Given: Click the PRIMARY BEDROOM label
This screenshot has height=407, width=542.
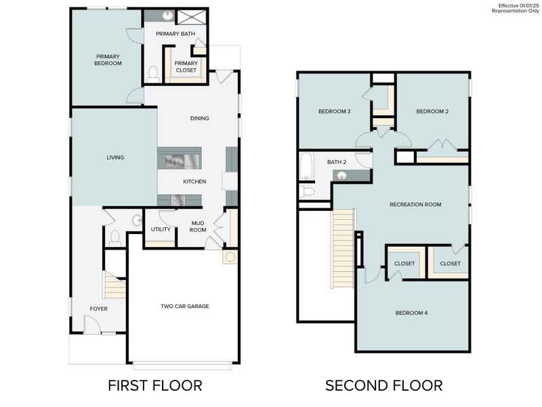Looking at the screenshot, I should coord(108,60).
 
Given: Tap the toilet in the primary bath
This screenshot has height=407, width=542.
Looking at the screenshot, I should coord(153,73).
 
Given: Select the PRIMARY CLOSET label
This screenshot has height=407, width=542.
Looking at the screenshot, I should coord(186,66).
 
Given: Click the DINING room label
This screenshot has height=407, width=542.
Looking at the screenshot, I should coord(199,118).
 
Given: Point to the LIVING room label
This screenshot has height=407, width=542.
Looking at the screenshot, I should coord(115,157).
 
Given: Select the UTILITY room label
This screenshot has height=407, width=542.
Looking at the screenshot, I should coord(161,229).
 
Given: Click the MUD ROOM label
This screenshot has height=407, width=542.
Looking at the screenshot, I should coord(198,226).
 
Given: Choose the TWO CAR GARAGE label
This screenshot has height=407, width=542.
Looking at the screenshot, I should coord(185,306).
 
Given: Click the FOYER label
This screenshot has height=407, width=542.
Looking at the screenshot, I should coord(99,309).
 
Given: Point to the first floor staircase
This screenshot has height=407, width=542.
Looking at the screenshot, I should coord(115,286).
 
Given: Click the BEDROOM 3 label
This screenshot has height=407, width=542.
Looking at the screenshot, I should coord(334,111).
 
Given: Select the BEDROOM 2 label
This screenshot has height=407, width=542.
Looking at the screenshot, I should coord(432,111).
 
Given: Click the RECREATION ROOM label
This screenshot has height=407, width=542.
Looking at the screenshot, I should coord(415,204).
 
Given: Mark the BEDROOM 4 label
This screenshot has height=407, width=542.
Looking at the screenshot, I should coord(413,313).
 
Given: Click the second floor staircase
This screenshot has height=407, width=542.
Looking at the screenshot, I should coord(343,248).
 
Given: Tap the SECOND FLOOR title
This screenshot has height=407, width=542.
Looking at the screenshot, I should coord(383,385).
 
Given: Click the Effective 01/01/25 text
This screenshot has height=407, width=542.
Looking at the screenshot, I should coord(516,5).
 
